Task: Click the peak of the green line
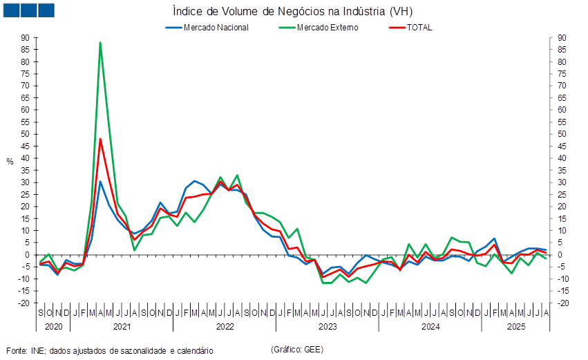(100, 43)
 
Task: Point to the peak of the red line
(100, 139)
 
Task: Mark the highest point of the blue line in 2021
(100, 182)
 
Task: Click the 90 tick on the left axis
(25, 38)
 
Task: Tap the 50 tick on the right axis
(562, 134)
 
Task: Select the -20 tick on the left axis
(24, 303)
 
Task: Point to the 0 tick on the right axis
(562, 254)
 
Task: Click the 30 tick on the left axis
(25, 182)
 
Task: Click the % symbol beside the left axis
(10, 161)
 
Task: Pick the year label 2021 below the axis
(122, 325)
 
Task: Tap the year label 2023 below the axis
(327, 325)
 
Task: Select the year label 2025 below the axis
(515, 325)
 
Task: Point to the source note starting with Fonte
(109, 350)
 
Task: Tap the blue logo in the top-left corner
(28, 10)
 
